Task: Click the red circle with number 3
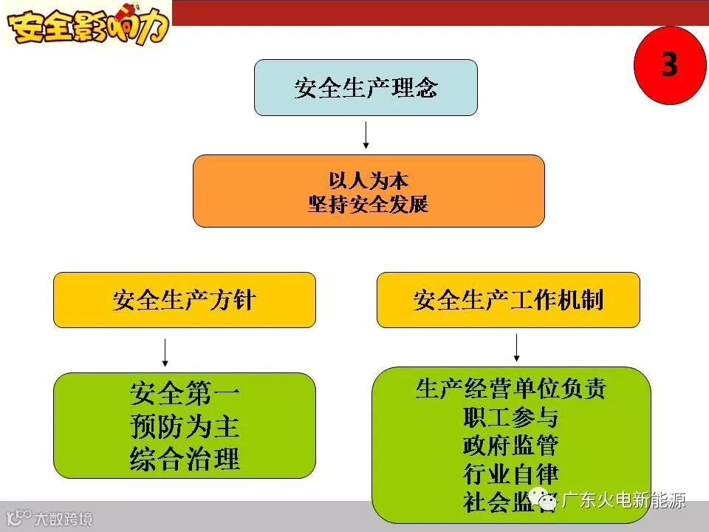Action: pyautogui.click(x=669, y=65)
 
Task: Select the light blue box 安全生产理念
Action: pyautogui.click(x=366, y=88)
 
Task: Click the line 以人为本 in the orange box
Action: pyautogui.click(x=369, y=180)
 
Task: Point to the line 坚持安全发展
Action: pyautogui.click(x=369, y=203)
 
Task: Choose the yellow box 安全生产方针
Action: pyautogui.click(x=184, y=300)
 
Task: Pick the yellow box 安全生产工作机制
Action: pyautogui.click(x=508, y=300)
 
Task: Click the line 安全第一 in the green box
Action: pyautogui.click(x=185, y=393)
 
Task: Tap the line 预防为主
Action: pyautogui.click(x=185, y=426)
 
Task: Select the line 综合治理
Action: pyautogui.click(x=185, y=459)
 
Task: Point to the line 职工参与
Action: pyautogui.click(x=510, y=417)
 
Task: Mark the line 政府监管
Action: pyautogui.click(x=510, y=446)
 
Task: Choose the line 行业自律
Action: pyautogui.click(x=510, y=474)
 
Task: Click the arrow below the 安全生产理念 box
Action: pyautogui.click(x=366, y=134)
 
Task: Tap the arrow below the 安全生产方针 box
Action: pyautogui.click(x=165, y=352)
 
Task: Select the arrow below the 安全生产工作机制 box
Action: pyautogui.click(x=516, y=347)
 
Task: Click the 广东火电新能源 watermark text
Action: pyautogui.click(x=624, y=501)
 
